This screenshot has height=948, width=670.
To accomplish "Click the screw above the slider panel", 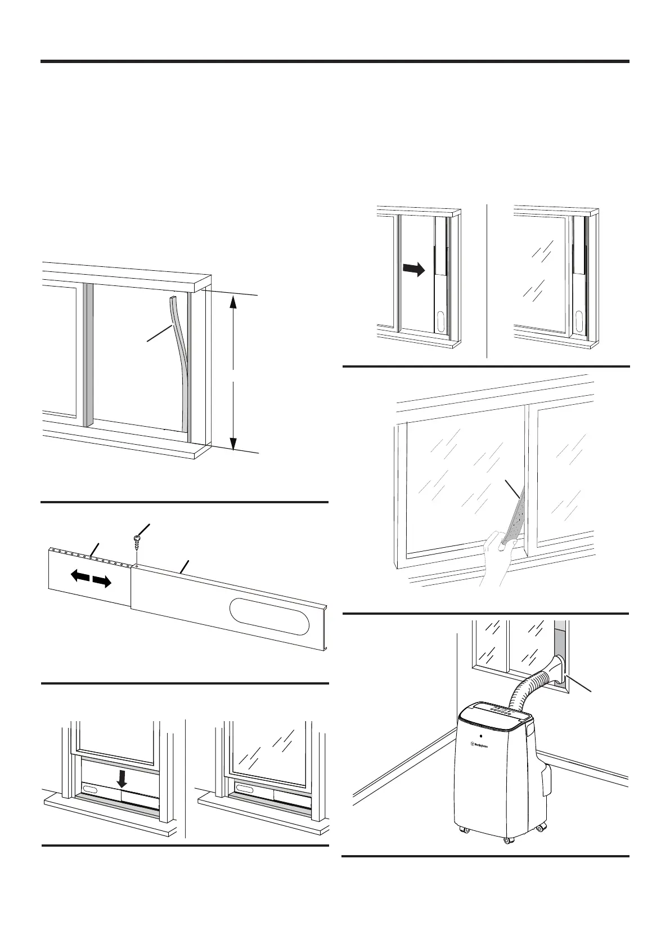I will point(136,539).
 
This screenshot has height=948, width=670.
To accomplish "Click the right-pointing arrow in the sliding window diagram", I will point(413,270).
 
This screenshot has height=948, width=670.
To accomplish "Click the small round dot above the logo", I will point(480,735).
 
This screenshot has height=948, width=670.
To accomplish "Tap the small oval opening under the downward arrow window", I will point(91,789).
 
